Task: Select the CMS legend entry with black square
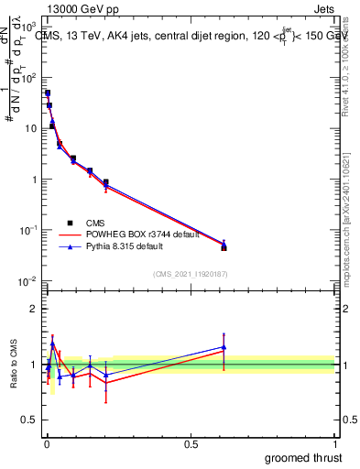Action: point(94,223)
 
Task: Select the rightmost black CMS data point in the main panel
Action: point(224,247)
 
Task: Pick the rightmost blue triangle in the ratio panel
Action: point(224,347)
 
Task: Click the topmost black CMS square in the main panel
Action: point(48,93)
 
